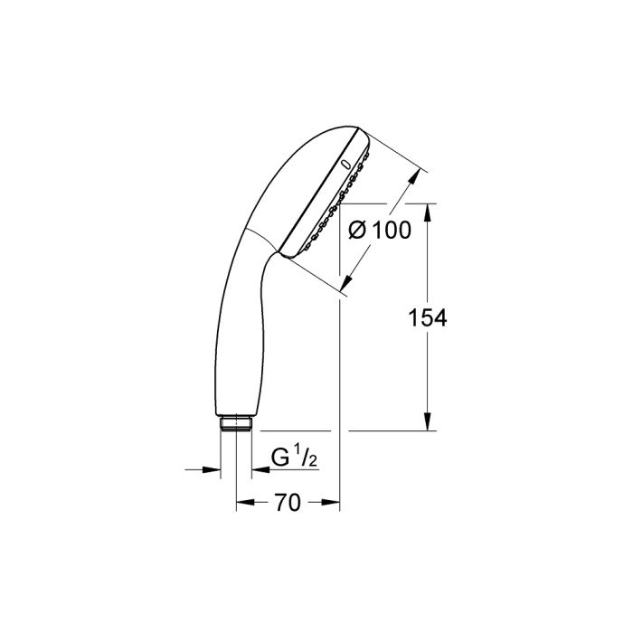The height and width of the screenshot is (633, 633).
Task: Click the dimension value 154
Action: pyautogui.click(x=428, y=317)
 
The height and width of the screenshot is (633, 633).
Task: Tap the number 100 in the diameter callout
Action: pyautogui.click(x=391, y=231)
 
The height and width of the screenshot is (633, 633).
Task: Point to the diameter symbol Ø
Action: pyautogui.click(x=357, y=231)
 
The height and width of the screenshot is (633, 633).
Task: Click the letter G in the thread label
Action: pyautogui.click(x=282, y=458)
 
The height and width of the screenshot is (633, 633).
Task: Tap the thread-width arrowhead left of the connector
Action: pyautogui.click(x=213, y=469)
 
